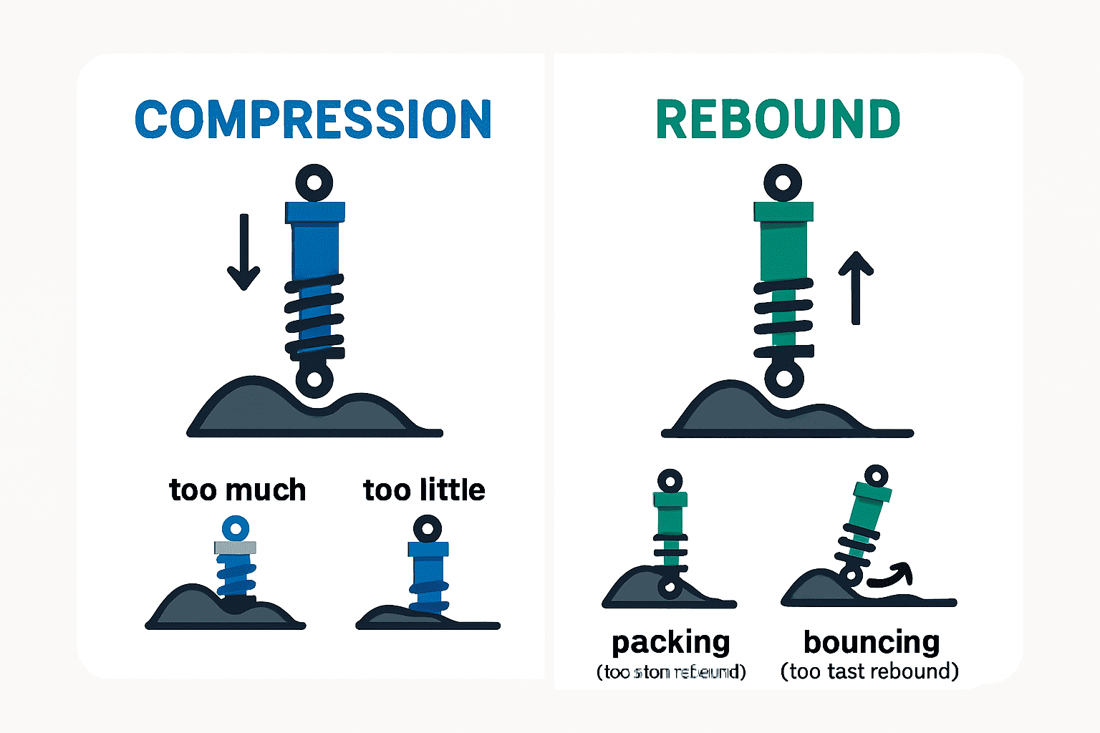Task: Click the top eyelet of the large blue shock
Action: point(314,183)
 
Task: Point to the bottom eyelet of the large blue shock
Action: point(314,379)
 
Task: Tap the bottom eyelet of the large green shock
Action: point(784,379)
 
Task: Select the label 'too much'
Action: point(238,490)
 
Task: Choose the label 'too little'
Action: point(424,490)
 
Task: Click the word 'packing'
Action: point(671,642)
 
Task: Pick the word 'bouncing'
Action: point(872,642)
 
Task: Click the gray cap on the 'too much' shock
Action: point(235,548)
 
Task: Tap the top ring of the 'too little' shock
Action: point(428,530)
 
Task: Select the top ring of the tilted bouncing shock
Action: point(876,476)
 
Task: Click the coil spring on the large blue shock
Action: point(314,315)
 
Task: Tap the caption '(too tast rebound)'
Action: point(869,671)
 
